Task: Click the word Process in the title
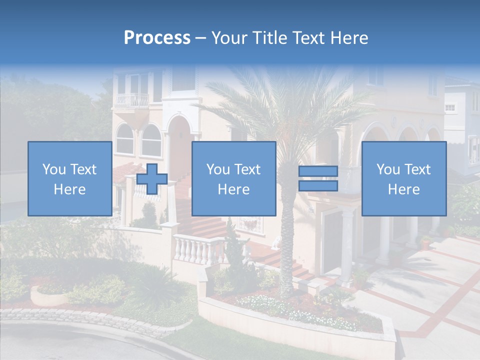157,38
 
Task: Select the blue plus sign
152,179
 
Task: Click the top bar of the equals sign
318,171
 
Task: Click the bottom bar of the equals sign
318,186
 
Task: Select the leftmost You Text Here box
69,178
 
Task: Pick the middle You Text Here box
233,178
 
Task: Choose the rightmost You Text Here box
403,178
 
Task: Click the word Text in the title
308,38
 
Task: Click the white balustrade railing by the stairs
198,248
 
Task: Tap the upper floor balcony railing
132,100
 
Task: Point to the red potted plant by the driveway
425,243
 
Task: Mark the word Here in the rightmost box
403,189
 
